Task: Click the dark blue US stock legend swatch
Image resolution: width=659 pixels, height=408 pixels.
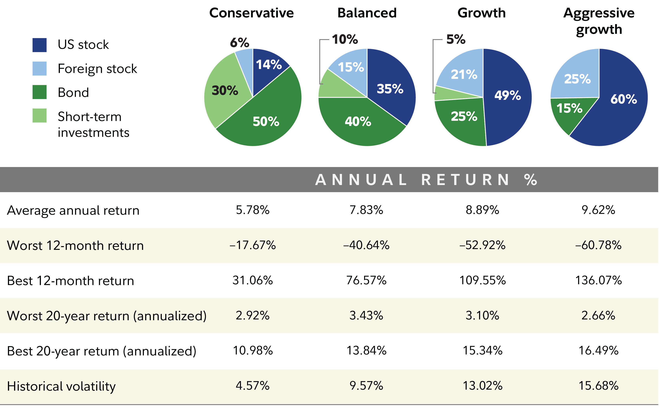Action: coord(39,45)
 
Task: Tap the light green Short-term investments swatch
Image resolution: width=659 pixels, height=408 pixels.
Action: coord(39,115)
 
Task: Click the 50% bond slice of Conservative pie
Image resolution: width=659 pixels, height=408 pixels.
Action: coord(266,121)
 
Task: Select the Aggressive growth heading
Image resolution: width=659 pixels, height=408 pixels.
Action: coord(599,21)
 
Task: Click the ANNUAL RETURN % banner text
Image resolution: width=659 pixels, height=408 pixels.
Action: coord(426,180)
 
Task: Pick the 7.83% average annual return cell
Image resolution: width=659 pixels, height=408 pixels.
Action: coord(366,210)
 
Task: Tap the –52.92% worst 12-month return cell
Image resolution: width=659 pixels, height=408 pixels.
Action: coord(482,245)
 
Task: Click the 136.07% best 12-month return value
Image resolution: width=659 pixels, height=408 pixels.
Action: coord(598,280)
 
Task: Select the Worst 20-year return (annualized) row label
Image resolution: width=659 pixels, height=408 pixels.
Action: coord(107,316)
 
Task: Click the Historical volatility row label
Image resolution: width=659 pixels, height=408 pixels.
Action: coord(61,386)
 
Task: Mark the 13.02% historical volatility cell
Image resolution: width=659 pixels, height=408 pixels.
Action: coord(482,386)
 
